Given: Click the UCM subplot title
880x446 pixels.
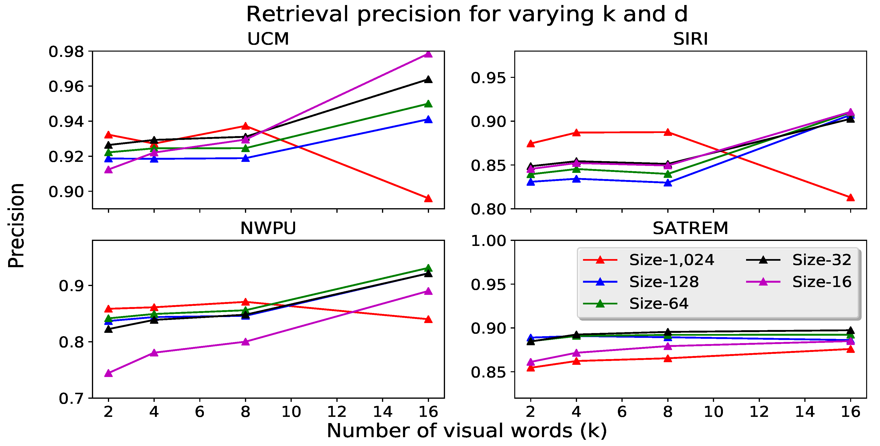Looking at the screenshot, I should (x=268, y=39).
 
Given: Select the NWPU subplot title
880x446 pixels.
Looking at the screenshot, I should (x=268, y=228).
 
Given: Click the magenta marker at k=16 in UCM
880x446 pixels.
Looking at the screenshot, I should (x=428, y=54).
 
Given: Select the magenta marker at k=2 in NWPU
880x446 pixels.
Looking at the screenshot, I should (x=109, y=373).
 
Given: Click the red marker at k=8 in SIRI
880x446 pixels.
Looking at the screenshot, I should (x=668, y=133).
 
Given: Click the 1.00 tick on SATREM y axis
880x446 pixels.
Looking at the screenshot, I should (x=488, y=241).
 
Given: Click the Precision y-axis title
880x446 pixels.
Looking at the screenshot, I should (x=16, y=226).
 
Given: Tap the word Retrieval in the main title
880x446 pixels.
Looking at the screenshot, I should (x=297, y=14).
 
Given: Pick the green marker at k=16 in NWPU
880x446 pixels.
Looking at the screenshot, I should (x=428, y=268).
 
